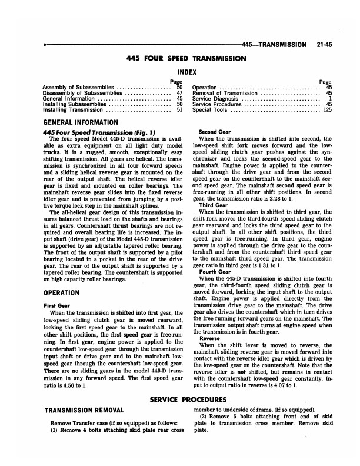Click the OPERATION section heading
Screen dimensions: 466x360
point(63,292)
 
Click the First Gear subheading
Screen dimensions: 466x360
point(56,305)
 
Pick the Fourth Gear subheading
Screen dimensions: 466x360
point(213,272)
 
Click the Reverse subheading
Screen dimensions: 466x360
point(210,338)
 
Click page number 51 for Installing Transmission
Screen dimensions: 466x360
point(179,109)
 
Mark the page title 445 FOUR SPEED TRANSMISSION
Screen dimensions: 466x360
point(186,59)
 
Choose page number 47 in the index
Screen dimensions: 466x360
point(179,93)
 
